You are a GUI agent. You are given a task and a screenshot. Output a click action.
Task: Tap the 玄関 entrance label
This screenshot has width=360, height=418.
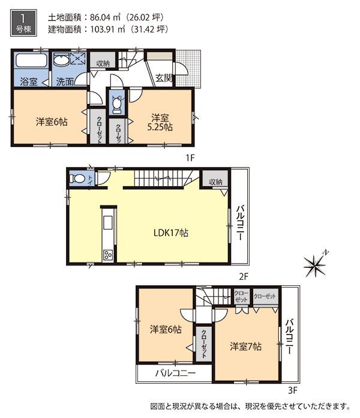(163, 77)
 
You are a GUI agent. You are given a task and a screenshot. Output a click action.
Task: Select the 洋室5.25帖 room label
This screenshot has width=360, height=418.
(160, 122)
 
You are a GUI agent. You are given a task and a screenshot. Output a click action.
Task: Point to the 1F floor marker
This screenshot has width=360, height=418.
(190, 158)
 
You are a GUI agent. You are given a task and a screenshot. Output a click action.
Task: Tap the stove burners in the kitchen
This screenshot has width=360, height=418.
(108, 255)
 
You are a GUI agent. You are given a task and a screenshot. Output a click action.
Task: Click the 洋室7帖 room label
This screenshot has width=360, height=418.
(246, 347)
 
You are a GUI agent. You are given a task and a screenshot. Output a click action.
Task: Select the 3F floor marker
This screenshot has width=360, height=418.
(292, 389)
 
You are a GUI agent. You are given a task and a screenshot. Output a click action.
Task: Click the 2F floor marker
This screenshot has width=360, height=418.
(242, 277)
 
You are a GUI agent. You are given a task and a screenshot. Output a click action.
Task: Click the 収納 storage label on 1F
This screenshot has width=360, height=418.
(103, 63)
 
